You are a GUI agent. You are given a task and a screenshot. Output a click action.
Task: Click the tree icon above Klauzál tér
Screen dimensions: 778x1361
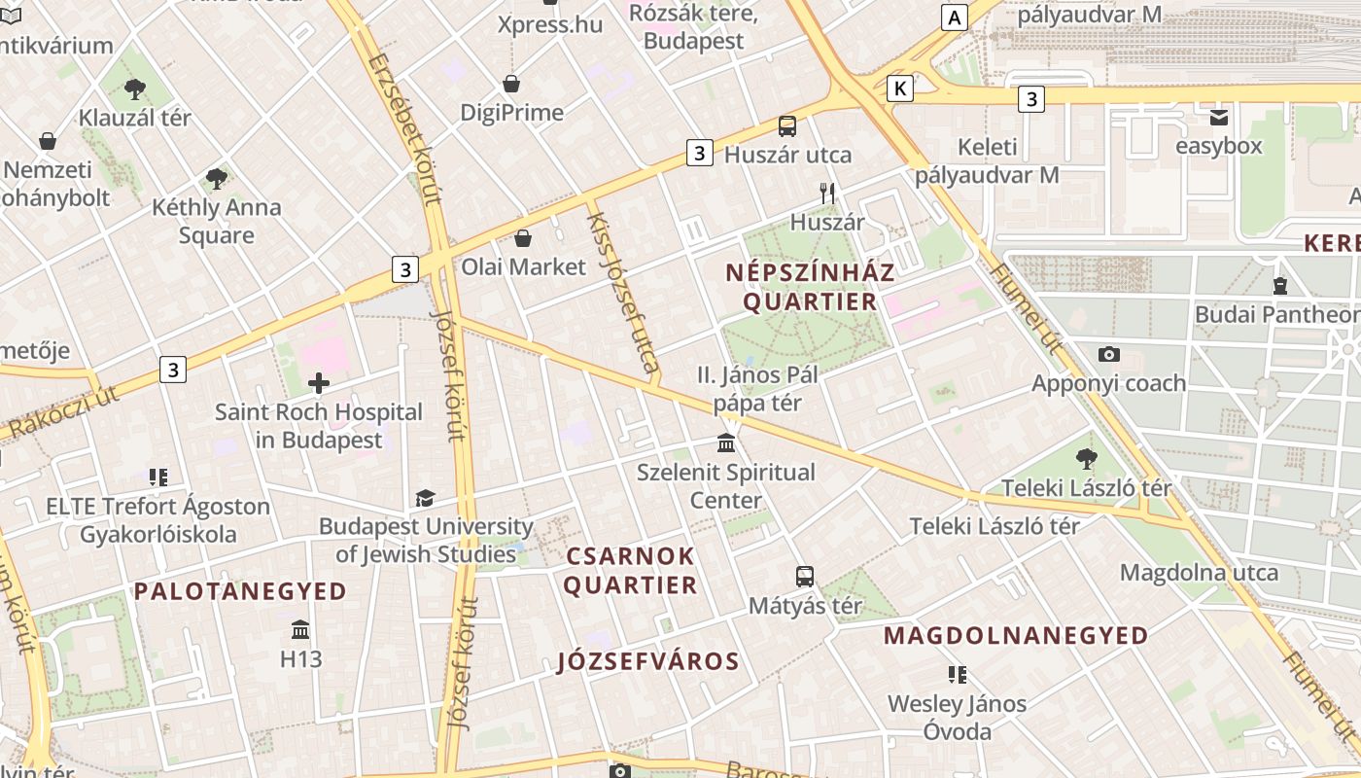[134, 89]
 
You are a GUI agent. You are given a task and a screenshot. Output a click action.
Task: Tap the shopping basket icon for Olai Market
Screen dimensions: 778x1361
[523, 238]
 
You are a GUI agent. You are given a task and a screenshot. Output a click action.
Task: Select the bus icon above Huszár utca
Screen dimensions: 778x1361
[787, 126]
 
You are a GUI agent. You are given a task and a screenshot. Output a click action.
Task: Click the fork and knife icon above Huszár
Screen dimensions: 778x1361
[827, 193]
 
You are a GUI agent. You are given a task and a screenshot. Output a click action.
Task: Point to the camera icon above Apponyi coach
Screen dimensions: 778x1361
[1108, 355]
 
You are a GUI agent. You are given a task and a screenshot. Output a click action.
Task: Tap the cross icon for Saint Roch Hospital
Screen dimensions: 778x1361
[318, 383]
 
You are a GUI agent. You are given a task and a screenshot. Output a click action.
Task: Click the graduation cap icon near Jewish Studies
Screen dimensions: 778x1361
[425, 499]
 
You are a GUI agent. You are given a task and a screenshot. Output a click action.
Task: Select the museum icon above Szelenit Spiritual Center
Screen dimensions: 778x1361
[725, 443]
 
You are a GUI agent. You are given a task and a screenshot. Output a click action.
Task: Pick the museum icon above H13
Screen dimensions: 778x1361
[300, 630]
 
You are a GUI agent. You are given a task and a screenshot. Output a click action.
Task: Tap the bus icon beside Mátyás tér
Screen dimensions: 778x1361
[805, 577]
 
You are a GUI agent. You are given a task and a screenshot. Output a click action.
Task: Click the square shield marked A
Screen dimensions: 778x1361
[955, 17]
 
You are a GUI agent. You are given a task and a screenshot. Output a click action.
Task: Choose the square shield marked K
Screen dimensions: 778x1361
[901, 88]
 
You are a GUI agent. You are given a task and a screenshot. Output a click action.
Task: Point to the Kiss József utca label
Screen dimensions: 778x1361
[622, 292]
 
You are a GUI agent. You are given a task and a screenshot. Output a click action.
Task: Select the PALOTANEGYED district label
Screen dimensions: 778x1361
[240, 591]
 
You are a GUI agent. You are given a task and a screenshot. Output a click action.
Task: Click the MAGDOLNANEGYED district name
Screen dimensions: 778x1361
[1016, 636]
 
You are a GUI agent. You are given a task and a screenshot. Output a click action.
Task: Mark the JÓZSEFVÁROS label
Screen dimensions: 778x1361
[648, 662]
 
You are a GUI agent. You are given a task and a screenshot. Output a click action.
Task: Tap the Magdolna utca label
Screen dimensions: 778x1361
[1199, 572]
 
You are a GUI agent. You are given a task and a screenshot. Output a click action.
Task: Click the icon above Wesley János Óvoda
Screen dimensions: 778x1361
[958, 674]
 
